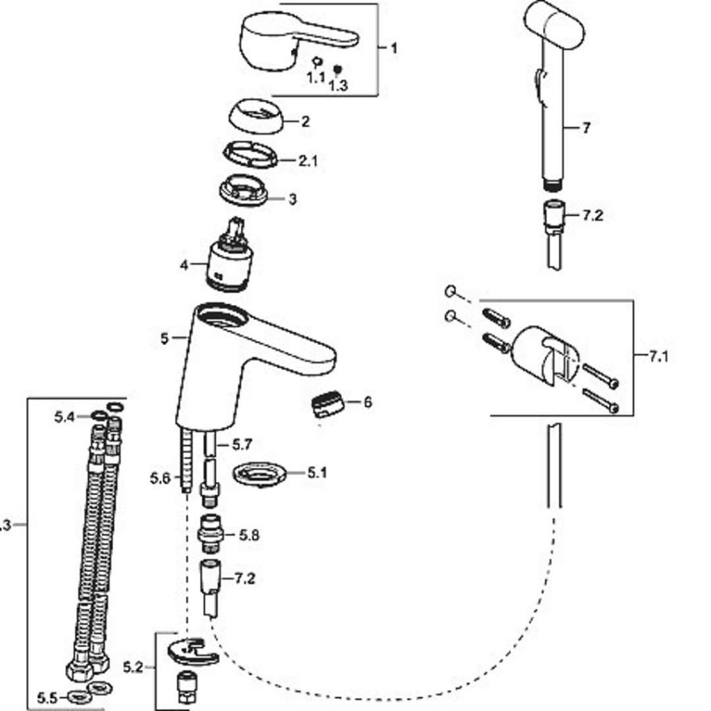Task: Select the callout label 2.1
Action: click(x=308, y=161)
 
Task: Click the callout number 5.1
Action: click(x=317, y=473)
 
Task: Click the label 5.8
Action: click(x=249, y=535)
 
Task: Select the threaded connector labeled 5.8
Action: click(x=212, y=534)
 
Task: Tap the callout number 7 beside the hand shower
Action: click(x=586, y=128)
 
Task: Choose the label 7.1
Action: click(x=658, y=356)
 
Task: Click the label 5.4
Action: click(x=64, y=417)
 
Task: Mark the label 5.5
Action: click(x=47, y=698)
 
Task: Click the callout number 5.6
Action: click(x=160, y=478)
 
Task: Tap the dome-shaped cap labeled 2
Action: click(x=256, y=117)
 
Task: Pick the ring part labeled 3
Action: click(x=243, y=190)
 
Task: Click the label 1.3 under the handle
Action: click(x=338, y=85)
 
